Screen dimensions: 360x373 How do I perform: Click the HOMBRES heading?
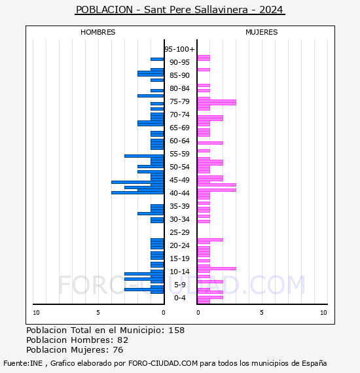(x=98, y=32)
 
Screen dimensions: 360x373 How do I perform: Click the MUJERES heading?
(x=262, y=32)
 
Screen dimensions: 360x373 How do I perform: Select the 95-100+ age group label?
(x=179, y=49)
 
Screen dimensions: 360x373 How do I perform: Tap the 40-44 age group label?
(x=179, y=193)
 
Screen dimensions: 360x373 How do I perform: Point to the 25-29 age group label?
(x=179, y=232)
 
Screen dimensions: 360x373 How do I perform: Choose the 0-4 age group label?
(x=180, y=298)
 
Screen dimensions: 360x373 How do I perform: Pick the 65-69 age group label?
(x=179, y=128)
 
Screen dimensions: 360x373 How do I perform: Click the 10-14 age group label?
(x=179, y=272)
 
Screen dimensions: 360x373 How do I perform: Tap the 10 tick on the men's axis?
(x=36, y=313)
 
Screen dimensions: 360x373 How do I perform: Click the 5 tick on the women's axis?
(x=262, y=313)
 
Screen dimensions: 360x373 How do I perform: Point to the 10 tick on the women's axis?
(x=323, y=313)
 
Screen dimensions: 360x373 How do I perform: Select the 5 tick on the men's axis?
(x=98, y=313)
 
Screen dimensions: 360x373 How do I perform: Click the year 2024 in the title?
(x=271, y=10)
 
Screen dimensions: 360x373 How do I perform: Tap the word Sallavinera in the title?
(x=221, y=10)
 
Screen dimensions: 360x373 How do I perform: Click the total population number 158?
(x=176, y=330)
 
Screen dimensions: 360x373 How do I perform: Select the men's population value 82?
(x=123, y=340)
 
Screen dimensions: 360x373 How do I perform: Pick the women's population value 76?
(x=118, y=350)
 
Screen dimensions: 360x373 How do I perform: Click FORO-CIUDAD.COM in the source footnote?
(x=163, y=363)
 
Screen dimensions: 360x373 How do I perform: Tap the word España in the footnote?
(x=314, y=364)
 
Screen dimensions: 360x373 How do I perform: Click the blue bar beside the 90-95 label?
(x=157, y=60)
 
